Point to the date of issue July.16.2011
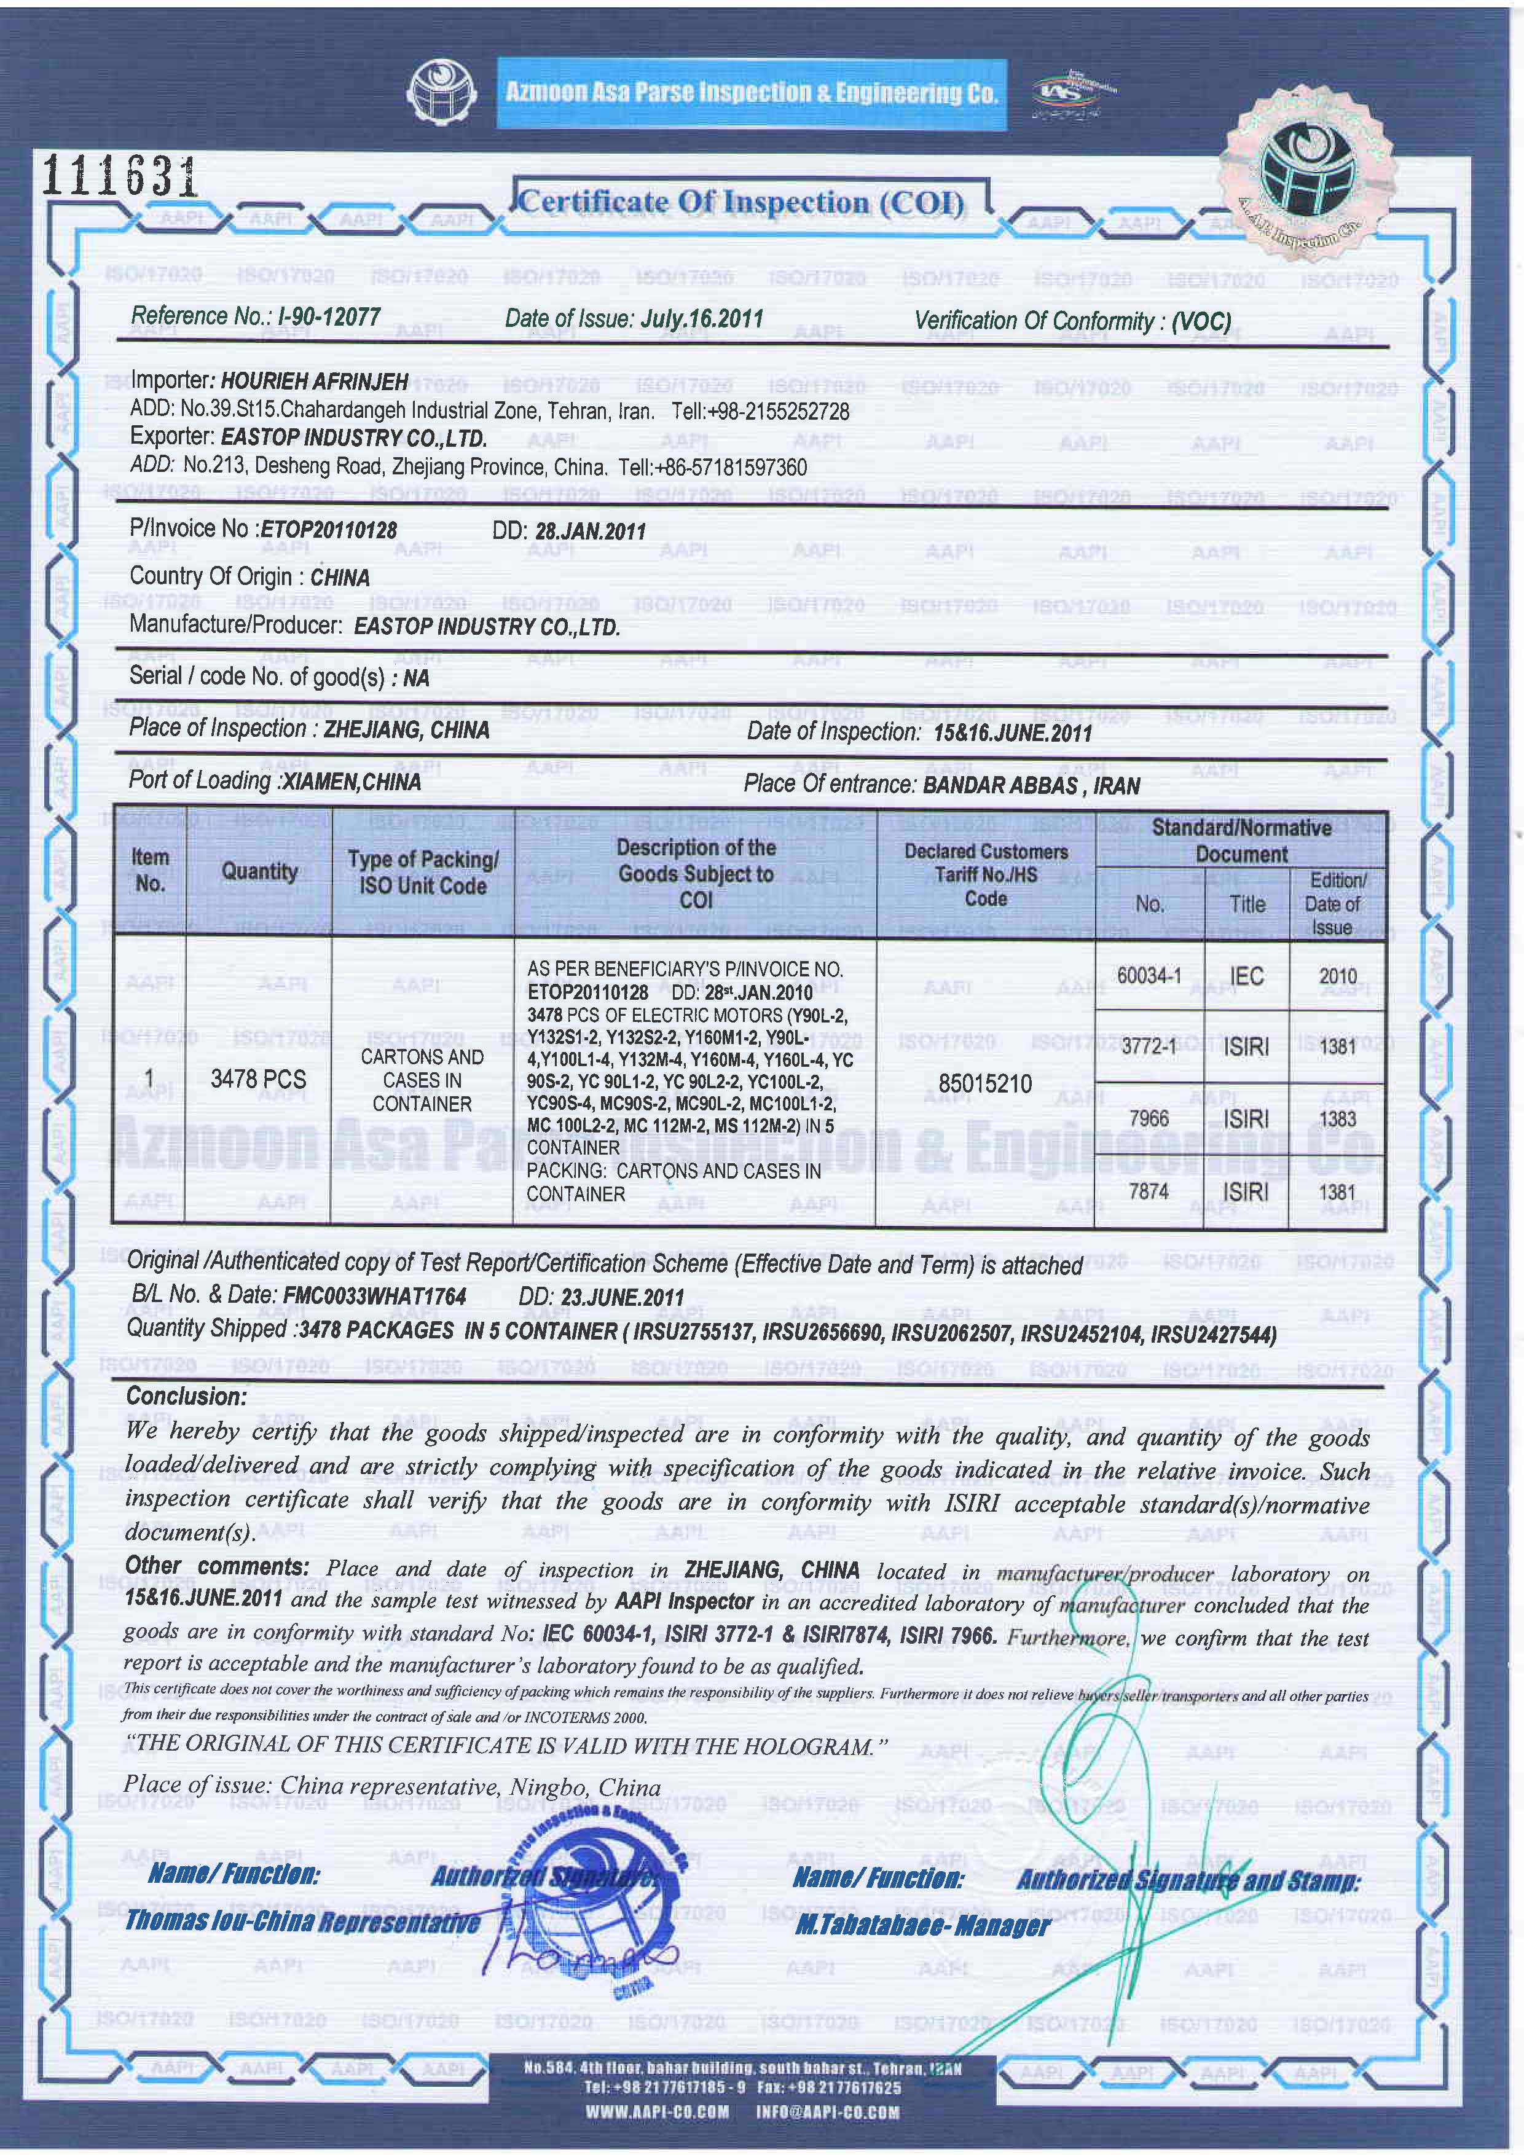(x=701, y=318)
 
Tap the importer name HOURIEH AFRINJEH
(x=313, y=381)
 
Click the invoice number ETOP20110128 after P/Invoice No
(x=328, y=529)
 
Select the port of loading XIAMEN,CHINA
(x=351, y=781)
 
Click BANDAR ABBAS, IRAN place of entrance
(x=1031, y=785)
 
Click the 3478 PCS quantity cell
(x=258, y=1080)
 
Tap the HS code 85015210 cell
(x=984, y=1083)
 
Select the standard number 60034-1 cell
(x=1149, y=975)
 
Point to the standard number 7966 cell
(x=1149, y=1118)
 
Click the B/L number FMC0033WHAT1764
(x=372, y=1296)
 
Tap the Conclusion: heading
(x=186, y=1395)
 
